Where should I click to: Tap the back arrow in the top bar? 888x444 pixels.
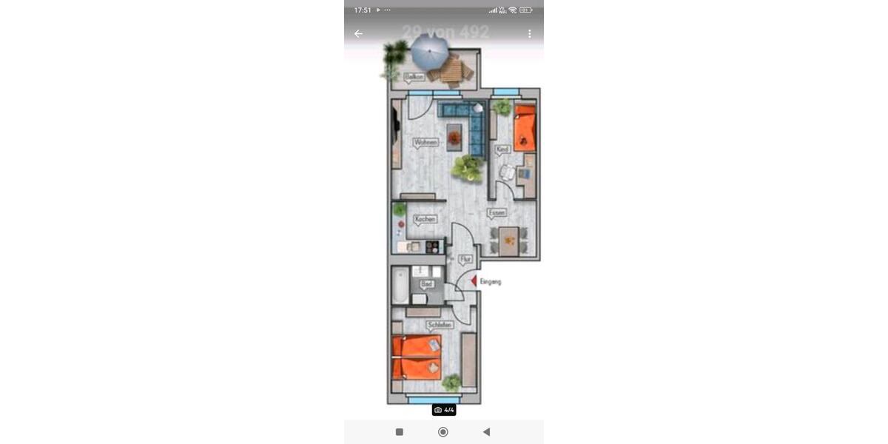[358, 33]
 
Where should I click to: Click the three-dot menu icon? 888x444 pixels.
[530, 33]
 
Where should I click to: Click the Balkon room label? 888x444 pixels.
[415, 76]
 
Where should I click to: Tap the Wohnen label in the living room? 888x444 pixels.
[425, 141]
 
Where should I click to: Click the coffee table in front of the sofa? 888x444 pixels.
[454, 137]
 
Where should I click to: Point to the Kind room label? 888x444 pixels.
[503, 149]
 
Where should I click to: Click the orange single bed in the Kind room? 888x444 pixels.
[525, 127]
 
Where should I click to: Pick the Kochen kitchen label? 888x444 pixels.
[425, 219]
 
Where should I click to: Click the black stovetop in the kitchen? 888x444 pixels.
[432, 246]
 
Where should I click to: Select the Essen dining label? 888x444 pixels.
[497, 212]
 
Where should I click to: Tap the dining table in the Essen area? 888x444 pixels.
[508, 240]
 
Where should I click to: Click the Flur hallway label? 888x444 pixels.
[465, 259]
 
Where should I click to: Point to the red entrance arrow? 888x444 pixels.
[473, 280]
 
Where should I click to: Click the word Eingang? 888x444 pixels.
[491, 281]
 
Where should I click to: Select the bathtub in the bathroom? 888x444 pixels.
[400, 286]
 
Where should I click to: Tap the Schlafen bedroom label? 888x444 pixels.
[440, 325]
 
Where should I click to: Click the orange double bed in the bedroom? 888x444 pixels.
[417, 357]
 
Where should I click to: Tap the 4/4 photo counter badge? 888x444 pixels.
[444, 409]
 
